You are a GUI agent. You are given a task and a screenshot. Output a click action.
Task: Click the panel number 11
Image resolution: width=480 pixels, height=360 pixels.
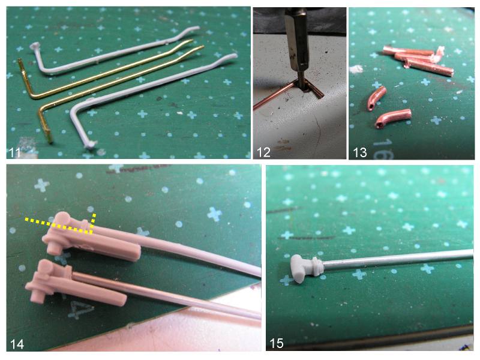pyautogui.click(x=14, y=152)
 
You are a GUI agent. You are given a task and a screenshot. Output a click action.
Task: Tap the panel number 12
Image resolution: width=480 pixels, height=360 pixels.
pyautogui.click(x=263, y=152)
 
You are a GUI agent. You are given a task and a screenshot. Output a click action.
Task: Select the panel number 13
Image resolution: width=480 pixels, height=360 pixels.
pyautogui.click(x=359, y=152)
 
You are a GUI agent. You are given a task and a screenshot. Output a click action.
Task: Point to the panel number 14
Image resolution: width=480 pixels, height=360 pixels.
pyautogui.click(x=17, y=344)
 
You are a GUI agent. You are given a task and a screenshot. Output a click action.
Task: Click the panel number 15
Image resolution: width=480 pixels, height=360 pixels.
pyautogui.click(x=276, y=343)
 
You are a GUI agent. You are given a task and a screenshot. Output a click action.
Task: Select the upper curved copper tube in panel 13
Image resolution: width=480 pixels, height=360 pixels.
pyautogui.click(x=377, y=98)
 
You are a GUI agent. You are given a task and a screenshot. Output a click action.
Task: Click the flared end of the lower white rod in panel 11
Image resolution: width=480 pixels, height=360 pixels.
pyautogui.click(x=91, y=144)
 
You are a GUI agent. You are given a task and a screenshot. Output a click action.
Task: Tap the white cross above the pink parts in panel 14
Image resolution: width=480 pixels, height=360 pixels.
pyautogui.click(x=41, y=185)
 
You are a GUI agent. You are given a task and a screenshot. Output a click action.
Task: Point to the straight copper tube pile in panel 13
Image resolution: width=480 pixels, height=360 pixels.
pyautogui.click(x=418, y=60)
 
